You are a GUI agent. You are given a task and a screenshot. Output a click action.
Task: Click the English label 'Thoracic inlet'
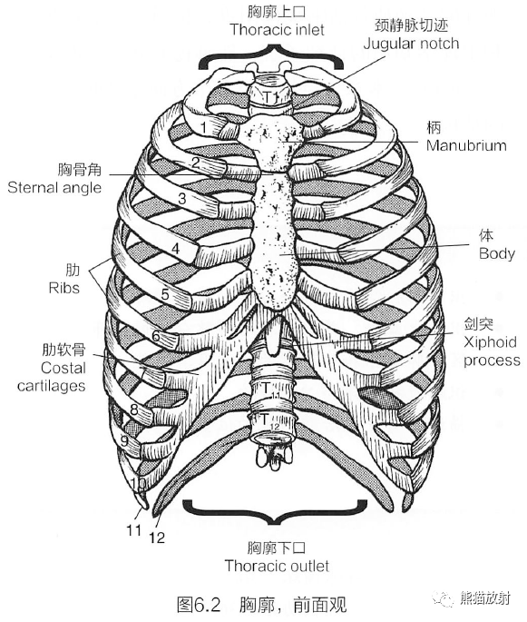(x=277, y=30)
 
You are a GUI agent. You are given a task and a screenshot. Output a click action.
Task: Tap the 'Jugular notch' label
(x=411, y=44)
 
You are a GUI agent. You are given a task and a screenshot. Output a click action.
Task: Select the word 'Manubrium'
(x=466, y=145)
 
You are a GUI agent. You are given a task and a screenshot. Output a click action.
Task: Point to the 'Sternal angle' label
(x=54, y=188)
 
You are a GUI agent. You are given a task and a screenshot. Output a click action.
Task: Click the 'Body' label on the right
(x=497, y=253)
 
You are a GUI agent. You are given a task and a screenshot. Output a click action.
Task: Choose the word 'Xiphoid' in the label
(x=490, y=342)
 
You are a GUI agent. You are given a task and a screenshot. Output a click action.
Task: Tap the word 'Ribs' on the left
(x=63, y=288)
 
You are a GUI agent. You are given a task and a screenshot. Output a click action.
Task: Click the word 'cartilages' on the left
(x=51, y=386)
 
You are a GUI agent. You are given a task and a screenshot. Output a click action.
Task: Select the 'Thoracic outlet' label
(x=277, y=566)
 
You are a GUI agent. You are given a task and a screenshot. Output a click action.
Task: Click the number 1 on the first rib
(x=204, y=128)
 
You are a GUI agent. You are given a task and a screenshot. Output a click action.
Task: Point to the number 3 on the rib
(x=182, y=198)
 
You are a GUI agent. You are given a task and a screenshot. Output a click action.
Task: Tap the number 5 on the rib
(x=165, y=294)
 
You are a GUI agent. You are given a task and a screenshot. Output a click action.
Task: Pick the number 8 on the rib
(x=134, y=409)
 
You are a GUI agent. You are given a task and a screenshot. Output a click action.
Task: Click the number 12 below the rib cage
(x=157, y=538)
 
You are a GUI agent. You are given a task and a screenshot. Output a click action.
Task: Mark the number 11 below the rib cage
(x=134, y=529)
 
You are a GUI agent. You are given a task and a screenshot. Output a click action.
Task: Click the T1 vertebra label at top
(x=271, y=96)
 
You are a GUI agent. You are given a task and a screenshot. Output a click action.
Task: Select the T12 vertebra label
(x=269, y=420)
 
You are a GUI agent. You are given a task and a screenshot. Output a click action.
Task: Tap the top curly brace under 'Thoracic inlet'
(x=271, y=56)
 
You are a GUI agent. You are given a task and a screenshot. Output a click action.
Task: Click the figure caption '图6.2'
(x=198, y=605)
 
